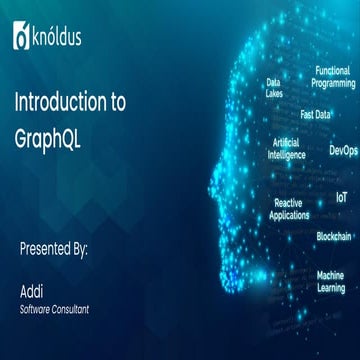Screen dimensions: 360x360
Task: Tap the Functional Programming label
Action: [x=332, y=77]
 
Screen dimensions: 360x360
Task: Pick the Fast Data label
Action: [x=315, y=114]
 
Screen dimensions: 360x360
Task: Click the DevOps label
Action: [x=343, y=151]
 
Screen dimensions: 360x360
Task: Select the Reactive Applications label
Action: [x=289, y=208]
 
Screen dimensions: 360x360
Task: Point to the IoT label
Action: [x=342, y=198]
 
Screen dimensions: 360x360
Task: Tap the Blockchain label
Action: [x=334, y=236]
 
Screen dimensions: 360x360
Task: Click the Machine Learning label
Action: [x=331, y=281]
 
